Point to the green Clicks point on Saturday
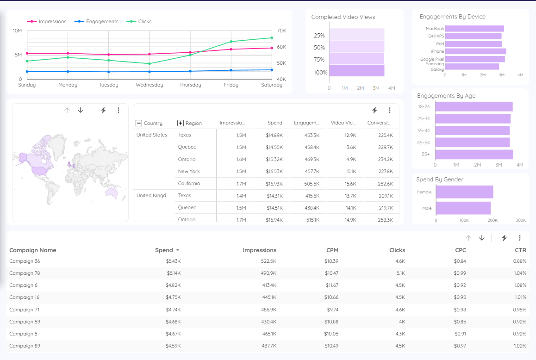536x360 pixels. (x=272, y=38)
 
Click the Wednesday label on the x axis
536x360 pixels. (x=149, y=85)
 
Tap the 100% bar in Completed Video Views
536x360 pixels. (x=356, y=71)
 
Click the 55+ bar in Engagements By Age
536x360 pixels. (x=474, y=155)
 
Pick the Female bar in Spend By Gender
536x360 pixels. (x=464, y=192)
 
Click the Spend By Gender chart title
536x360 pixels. (x=439, y=180)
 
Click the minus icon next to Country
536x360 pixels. (x=138, y=123)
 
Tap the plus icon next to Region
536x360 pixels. (x=181, y=123)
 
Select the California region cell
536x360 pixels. (x=189, y=184)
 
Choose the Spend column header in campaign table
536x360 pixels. (x=164, y=250)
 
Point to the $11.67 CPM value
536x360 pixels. (x=331, y=286)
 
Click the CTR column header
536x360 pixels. (x=520, y=250)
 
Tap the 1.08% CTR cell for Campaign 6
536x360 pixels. (x=520, y=286)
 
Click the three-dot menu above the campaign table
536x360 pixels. (x=520, y=238)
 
